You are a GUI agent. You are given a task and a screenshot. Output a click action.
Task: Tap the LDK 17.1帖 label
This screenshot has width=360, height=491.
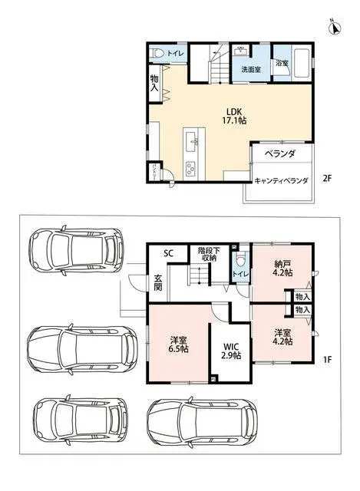coord(233,115)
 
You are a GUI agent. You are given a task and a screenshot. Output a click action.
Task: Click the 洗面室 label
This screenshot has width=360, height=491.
coord(250,69)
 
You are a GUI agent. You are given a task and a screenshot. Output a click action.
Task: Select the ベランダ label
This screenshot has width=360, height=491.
coord(280,154)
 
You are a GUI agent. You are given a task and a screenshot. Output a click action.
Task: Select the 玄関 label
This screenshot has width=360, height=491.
coord(157,282)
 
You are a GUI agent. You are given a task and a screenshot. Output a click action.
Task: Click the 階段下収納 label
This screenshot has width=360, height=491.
coord(207,255)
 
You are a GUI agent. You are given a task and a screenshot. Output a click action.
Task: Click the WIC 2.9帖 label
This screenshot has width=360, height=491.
coord(231,350)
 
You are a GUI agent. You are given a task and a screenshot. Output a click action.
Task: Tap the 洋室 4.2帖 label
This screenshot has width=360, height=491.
coord(282,338)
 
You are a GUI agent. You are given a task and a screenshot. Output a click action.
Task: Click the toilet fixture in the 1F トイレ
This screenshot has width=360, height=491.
coord(240,259)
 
